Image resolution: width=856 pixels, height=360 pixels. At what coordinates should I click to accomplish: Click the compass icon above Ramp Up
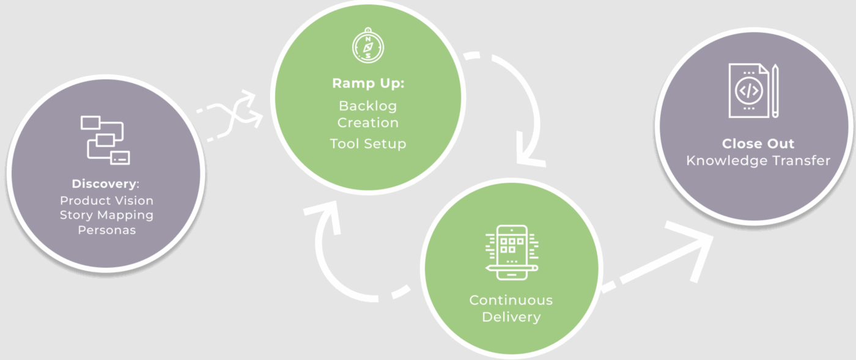367,45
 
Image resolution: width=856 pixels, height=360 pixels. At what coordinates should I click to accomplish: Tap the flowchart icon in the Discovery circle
105,140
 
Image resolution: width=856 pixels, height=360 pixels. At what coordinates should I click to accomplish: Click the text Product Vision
106,200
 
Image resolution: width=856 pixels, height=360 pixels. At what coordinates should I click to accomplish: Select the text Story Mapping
106,215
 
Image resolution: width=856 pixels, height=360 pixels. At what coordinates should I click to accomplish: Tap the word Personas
106,230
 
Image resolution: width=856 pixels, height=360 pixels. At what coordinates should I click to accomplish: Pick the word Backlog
368,106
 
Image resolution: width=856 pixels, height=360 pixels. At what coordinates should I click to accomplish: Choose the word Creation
368,122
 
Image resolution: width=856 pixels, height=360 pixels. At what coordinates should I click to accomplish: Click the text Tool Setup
368,144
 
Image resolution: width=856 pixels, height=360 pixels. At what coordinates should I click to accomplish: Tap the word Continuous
511,300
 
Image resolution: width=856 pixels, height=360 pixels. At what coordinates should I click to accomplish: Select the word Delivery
511,317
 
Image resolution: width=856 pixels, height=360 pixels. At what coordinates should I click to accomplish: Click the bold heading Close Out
758,144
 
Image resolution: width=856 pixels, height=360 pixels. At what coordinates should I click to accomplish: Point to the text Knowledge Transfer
758,161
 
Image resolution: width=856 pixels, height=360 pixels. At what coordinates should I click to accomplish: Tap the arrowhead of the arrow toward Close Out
694,248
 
